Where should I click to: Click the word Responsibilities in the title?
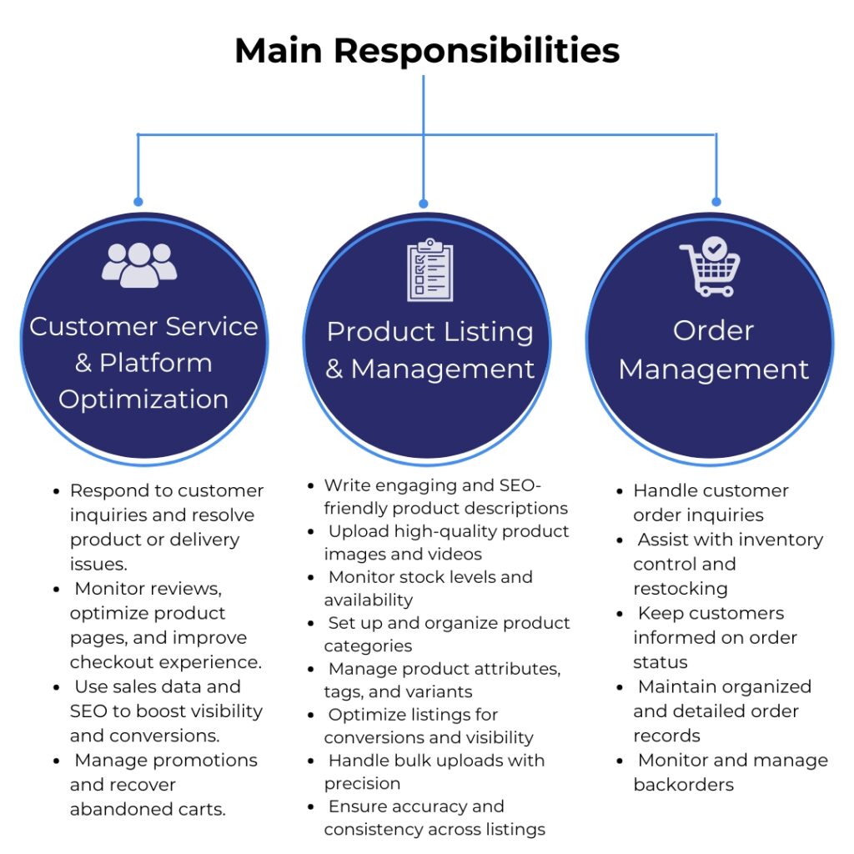(x=477, y=51)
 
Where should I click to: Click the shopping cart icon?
(x=710, y=266)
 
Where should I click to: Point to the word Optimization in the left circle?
(x=143, y=399)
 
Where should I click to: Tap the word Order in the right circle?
(x=713, y=330)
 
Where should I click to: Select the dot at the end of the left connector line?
(x=138, y=202)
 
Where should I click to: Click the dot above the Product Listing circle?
(x=423, y=203)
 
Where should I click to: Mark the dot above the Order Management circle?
(x=716, y=202)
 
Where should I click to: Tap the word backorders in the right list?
(x=683, y=785)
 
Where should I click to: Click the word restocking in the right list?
(x=680, y=589)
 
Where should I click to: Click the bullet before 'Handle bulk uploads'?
(x=311, y=761)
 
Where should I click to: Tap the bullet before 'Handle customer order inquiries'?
(x=620, y=491)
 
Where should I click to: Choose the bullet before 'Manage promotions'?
(x=56, y=761)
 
